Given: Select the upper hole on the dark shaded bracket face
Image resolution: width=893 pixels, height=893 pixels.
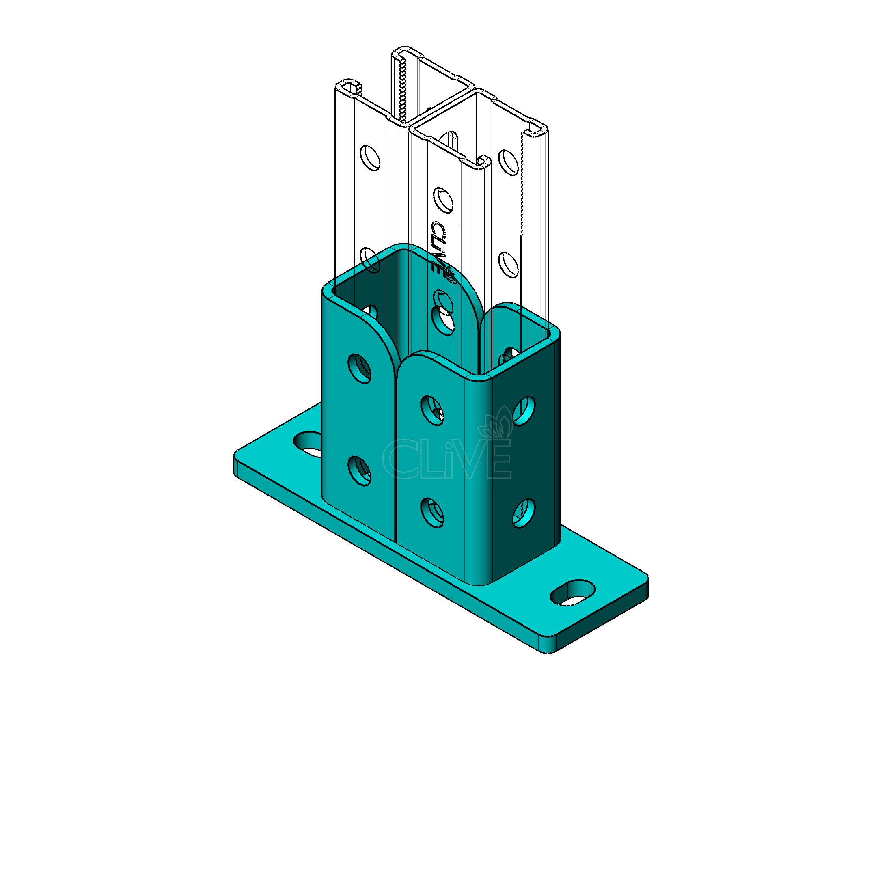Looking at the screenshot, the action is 524,410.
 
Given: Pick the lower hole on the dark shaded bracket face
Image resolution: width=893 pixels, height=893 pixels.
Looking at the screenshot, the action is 524,513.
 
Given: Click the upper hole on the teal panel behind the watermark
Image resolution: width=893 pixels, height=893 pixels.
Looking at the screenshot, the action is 432,410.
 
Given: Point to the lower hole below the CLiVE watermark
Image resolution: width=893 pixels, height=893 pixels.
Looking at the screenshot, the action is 432,513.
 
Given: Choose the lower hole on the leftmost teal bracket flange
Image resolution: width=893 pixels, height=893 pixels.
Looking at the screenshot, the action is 360,471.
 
